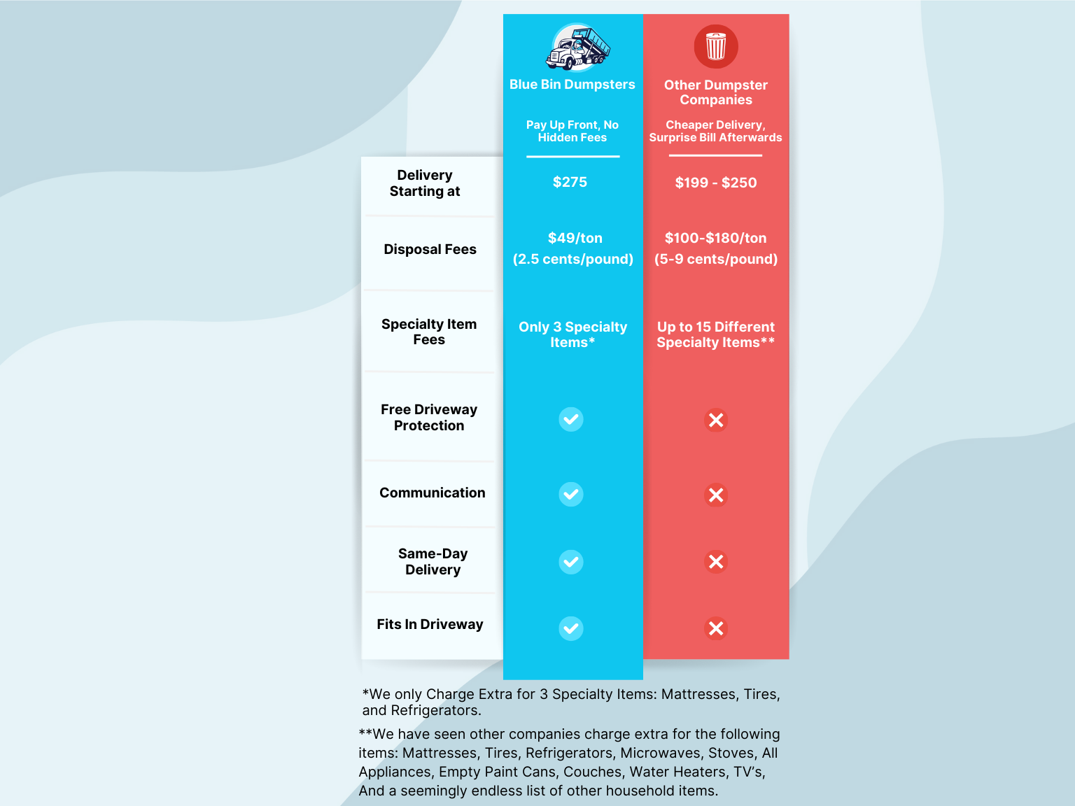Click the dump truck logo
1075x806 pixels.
(577, 48)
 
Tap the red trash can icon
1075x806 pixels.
(716, 47)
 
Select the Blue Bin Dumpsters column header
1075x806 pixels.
(572, 85)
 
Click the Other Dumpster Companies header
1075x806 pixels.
(716, 92)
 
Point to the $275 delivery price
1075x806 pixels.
(570, 183)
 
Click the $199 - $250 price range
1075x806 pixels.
(716, 183)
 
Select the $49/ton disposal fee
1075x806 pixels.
(575, 239)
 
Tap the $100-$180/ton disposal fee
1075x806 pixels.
(716, 239)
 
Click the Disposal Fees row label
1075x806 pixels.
(430, 250)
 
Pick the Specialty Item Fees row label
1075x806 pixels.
(429, 332)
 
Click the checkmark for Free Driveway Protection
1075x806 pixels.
(571, 420)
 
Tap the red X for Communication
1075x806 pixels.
(716, 495)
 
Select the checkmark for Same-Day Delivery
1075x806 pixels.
(571, 562)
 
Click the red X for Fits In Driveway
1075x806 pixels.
(716, 628)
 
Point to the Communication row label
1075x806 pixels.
(432, 493)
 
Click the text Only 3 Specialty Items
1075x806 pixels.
(572, 335)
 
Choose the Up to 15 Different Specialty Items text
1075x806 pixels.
(716, 335)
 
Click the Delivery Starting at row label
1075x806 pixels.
(425, 183)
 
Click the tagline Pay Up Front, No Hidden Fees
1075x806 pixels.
(572, 132)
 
